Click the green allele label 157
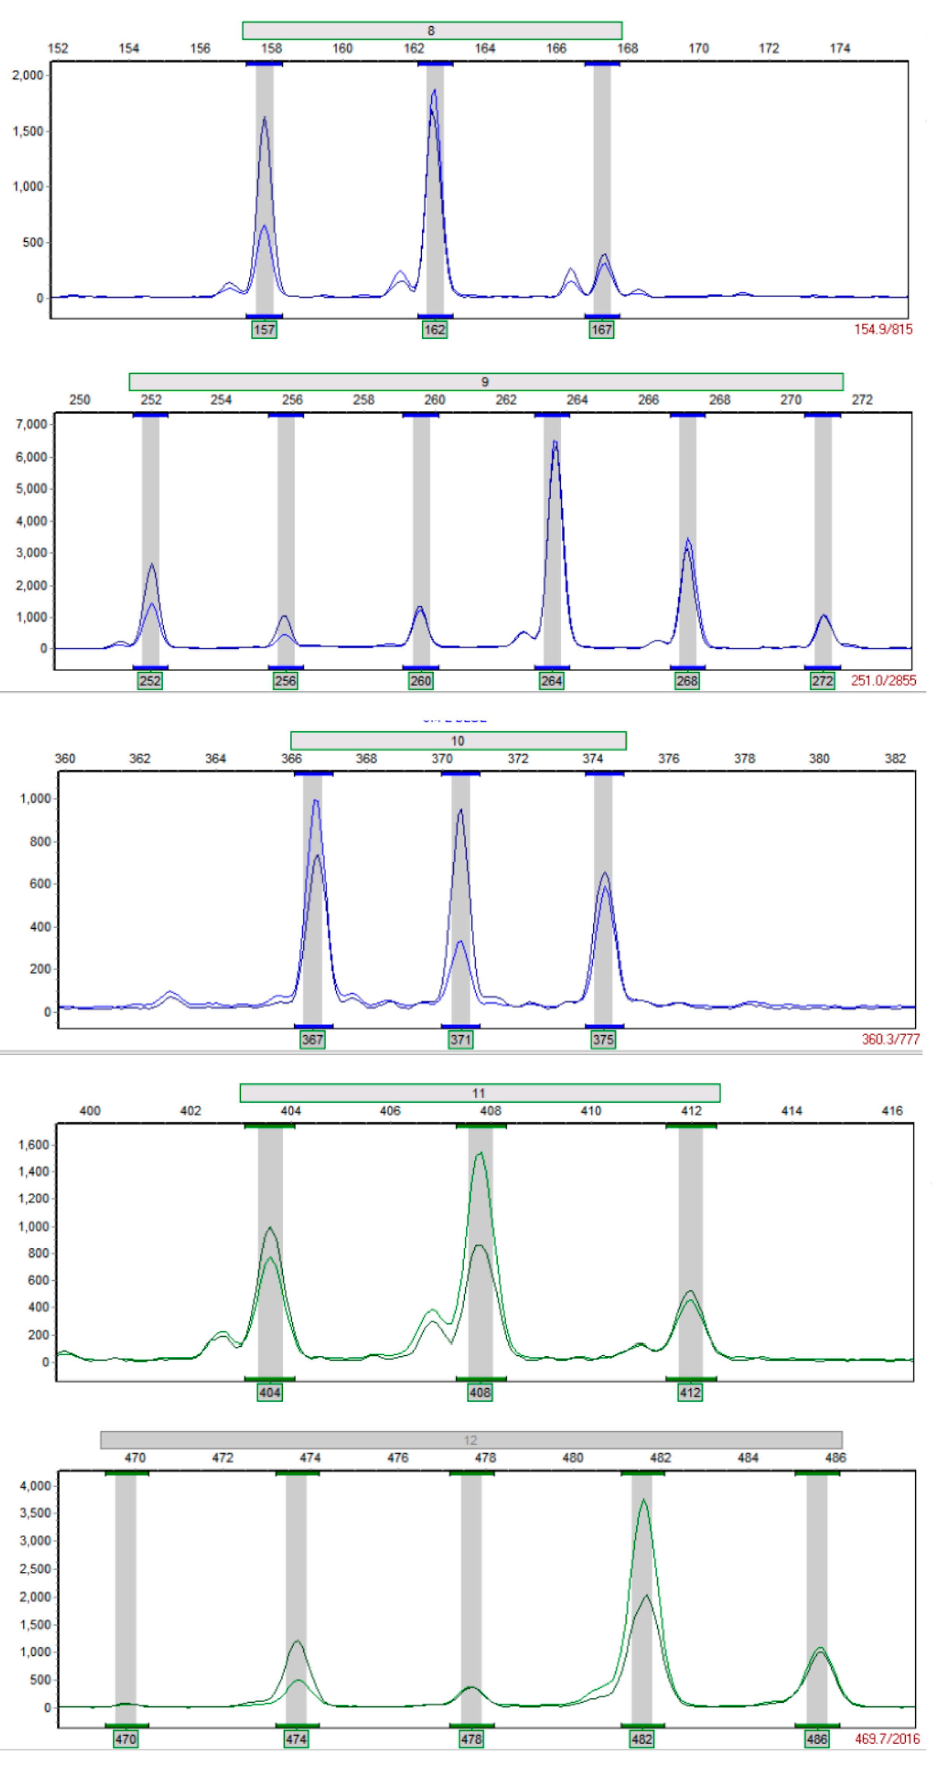pos(264,330)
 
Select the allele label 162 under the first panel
pos(434,330)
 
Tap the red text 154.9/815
pos(883,329)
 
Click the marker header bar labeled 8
pos(432,30)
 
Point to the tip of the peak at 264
pos(554,441)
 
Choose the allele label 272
pos(822,681)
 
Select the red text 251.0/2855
pos(883,681)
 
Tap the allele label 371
pos(461,1039)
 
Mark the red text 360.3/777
pos(890,1039)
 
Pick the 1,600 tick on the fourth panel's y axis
pos(33,1145)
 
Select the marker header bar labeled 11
pos(479,1093)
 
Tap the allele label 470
pos(125,1739)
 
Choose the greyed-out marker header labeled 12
pos(470,1440)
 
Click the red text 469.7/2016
pos(887,1739)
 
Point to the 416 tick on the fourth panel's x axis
pos(892,1111)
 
